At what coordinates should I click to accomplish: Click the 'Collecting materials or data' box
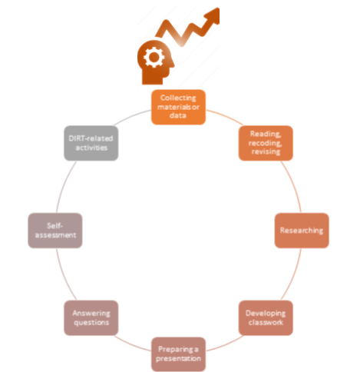pyautogui.click(x=178, y=107)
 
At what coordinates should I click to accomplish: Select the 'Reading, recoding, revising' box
pyautogui.click(x=266, y=143)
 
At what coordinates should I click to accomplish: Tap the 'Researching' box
pyautogui.click(x=302, y=231)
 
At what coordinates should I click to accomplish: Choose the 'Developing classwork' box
pyautogui.click(x=266, y=318)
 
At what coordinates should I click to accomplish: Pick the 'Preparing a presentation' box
pyautogui.click(x=178, y=354)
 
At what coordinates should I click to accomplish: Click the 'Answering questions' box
pyautogui.click(x=91, y=318)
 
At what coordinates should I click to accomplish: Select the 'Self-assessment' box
pyautogui.click(x=55, y=231)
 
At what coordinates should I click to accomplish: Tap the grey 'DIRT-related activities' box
pyautogui.click(x=91, y=143)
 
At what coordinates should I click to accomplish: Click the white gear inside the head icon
pyautogui.click(x=154, y=58)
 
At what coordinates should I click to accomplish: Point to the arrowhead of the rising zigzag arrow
pyautogui.click(x=213, y=16)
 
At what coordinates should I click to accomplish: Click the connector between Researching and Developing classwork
pyautogui.click(x=294, y=275)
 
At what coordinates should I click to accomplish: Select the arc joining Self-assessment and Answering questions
pyautogui.click(x=63, y=275)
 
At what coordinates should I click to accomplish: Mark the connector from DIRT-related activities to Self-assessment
pyautogui.click(x=63, y=186)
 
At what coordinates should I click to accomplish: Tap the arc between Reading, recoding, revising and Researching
pyautogui.click(x=294, y=186)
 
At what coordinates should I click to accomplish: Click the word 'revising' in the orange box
pyautogui.click(x=266, y=151)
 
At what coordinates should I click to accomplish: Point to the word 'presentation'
pyautogui.click(x=178, y=358)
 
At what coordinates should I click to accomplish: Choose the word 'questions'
pyautogui.click(x=91, y=322)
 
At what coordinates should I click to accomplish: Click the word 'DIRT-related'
pyautogui.click(x=91, y=138)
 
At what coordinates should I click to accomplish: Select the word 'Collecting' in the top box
pyautogui.click(x=178, y=98)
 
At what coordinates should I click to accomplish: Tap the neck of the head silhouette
pyautogui.click(x=153, y=79)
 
